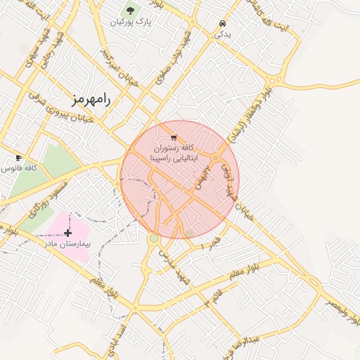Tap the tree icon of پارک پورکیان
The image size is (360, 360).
click(129, 11)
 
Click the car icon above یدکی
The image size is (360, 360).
click(222, 22)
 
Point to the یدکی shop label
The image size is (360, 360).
click(221, 33)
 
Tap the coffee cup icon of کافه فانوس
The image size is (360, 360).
click(19, 157)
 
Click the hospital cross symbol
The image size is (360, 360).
click(67, 233)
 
